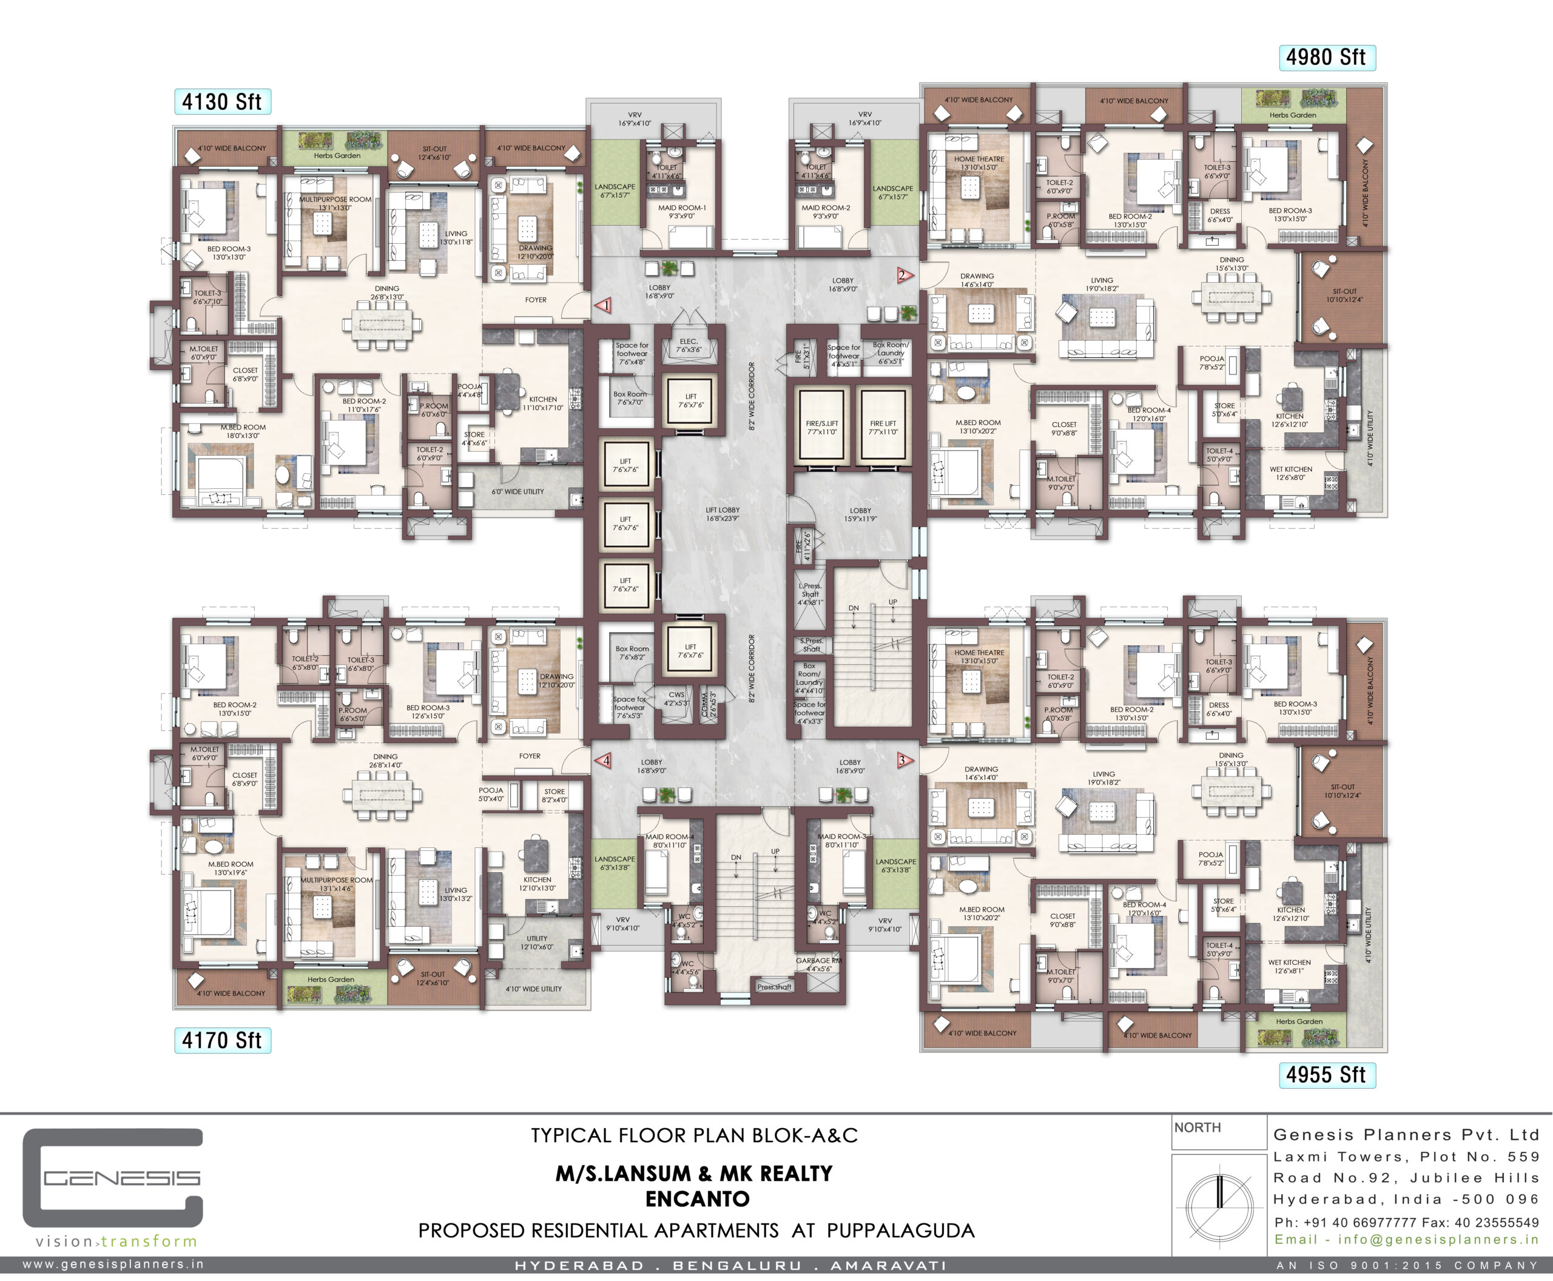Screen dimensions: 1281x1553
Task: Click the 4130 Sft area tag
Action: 222,102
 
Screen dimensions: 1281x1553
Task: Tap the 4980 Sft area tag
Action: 1326,58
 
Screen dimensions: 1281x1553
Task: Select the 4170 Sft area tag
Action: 222,1040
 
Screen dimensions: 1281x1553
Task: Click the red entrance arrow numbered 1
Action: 604,304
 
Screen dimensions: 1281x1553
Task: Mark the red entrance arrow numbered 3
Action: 904,760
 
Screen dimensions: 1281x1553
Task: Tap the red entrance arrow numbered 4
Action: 604,760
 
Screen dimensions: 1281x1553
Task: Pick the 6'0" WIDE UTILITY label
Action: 517,491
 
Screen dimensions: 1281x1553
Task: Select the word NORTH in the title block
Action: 1198,1128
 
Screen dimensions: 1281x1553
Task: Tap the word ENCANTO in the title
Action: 697,1199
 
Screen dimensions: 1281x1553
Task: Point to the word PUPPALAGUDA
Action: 900,1231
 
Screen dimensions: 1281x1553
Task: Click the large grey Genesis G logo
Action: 112,1178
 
